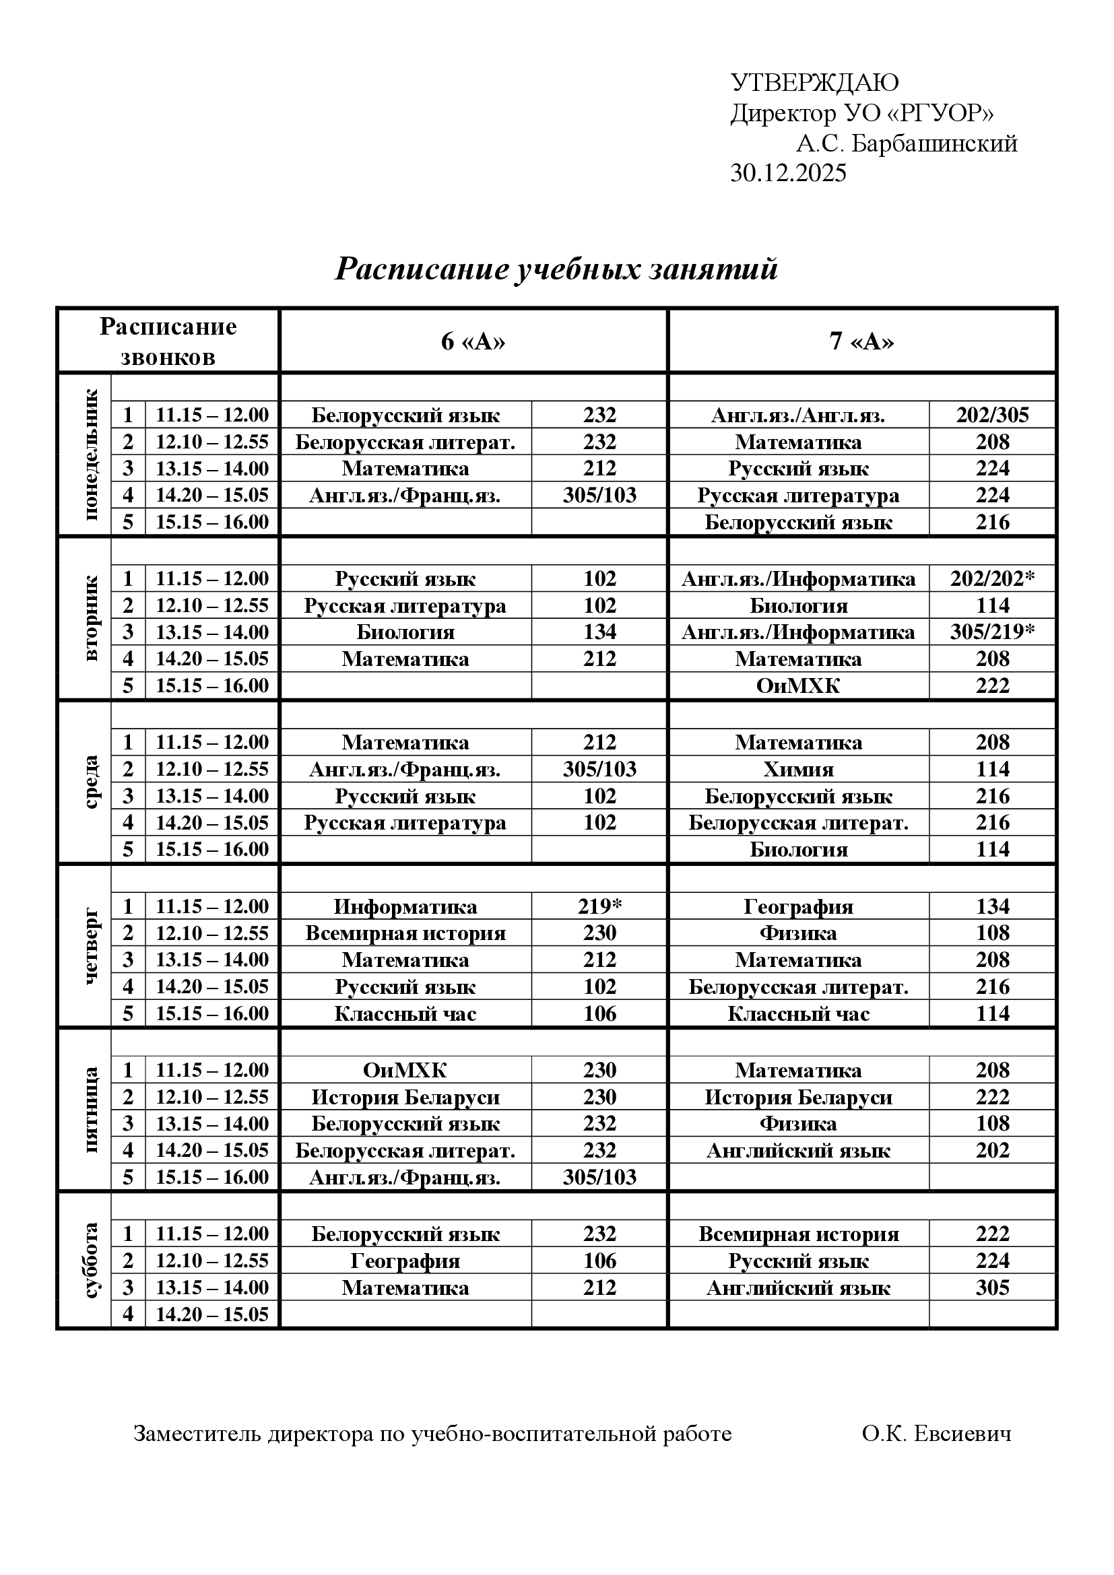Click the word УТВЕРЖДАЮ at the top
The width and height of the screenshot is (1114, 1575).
coord(814,83)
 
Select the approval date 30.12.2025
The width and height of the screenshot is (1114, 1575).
coord(788,173)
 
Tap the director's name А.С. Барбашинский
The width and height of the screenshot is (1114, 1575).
coord(906,143)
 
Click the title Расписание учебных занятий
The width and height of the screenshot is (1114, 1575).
coord(556,269)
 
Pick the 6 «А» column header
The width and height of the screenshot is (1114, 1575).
coord(473,341)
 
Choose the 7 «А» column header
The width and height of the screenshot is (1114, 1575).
coord(861,341)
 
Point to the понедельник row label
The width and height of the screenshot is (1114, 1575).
coord(91,455)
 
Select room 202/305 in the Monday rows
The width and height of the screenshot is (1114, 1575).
coord(993,415)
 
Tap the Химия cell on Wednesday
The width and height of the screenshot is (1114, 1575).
coord(799,769)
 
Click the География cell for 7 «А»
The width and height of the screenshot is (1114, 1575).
coord(799,906)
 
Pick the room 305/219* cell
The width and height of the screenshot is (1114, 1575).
coord(993,632)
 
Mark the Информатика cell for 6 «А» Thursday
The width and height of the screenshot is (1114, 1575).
coord(405,906)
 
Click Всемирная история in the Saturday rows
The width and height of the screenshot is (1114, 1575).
coord(799,1234)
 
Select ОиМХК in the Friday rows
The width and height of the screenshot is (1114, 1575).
coord(405,1070)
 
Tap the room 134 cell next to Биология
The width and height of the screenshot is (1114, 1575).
coord(599,632)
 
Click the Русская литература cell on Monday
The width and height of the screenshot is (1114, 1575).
coord(799,496)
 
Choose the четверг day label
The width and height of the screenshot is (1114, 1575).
coord(91,947)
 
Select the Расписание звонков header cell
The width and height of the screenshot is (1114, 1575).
coord(168,341)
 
